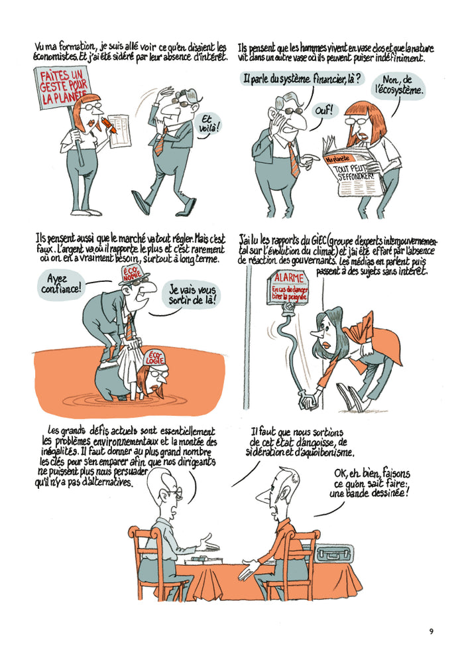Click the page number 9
pyautogui.click(x=431, y=630)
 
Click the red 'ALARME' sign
pyautogui.click(x=289, y=279)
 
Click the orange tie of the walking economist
pyautogui.click(x=158, y=144)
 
